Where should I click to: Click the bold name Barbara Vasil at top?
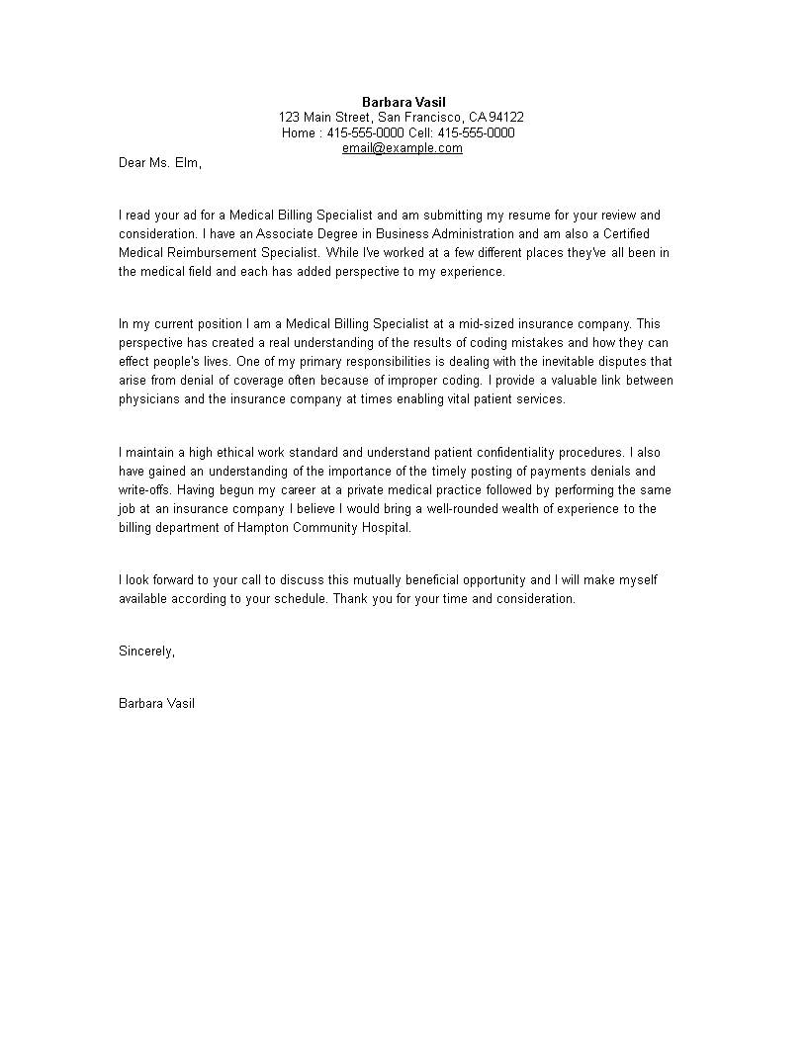pos(403,102)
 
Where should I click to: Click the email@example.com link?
pos(403,148)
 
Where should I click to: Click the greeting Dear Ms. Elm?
pos(160,163)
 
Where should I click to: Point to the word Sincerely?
pos(146,651)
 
